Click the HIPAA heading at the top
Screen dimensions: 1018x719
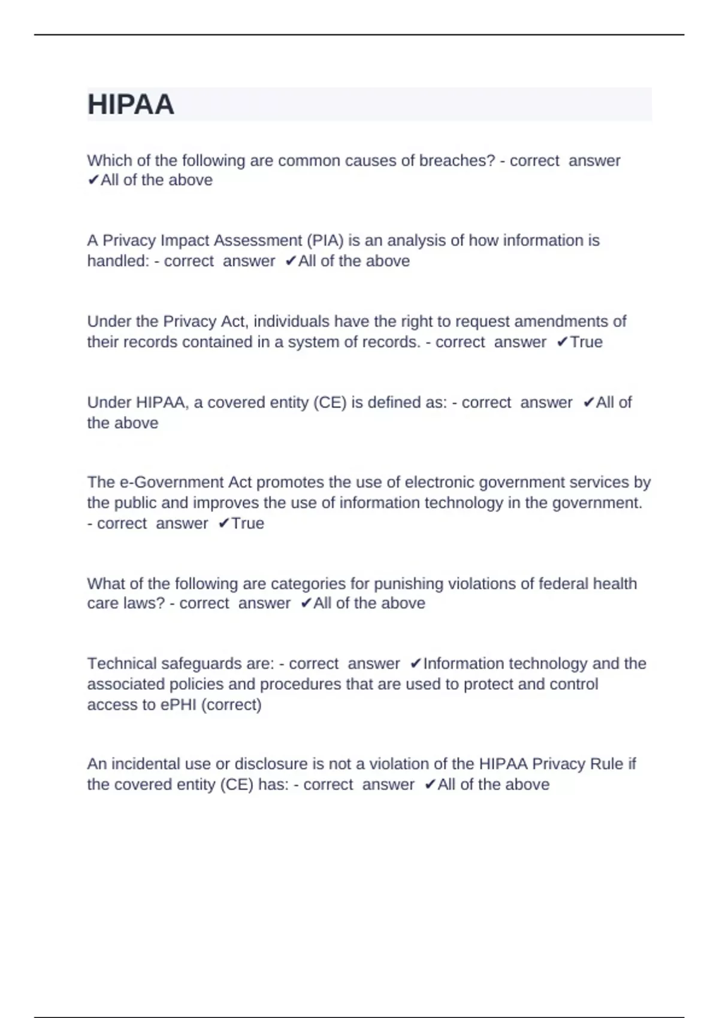(x=131, y=105)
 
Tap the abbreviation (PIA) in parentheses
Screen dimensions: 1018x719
(x=325, y=241)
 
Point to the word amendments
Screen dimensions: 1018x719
(x=562, y=322)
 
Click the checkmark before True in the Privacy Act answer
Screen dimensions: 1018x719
(x=562, y=342)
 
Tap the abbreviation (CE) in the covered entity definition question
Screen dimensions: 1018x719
(x=330, y=402)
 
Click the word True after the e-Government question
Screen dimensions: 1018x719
(x=247, y=523)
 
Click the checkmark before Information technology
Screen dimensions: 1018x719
(x=416, y=664)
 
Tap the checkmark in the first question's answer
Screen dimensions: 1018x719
(x=93, y=180)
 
